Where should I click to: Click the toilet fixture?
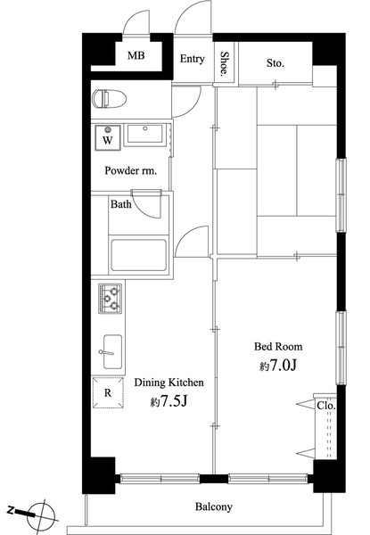tap(109, 99)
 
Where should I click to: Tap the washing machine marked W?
tap(108, 137)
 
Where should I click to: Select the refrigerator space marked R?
tap(108, 392)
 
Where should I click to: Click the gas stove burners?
tap(111, 299)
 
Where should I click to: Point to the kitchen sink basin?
tap(112, 352)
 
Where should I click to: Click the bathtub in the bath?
tap(139, 255)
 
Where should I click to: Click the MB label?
tap(136, 55)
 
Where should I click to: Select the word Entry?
tap(193, 59)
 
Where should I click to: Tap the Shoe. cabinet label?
tap(225, 63)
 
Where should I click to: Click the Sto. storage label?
tap(275, 63)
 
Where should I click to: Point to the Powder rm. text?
tap(131, 170)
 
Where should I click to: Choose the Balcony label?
tap(214, 506)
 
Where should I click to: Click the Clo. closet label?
tap(326, 406)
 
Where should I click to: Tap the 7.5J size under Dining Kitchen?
tap(169, 401)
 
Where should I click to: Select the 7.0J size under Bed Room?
tap(278, 366)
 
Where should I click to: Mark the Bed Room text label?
tap(278, 347)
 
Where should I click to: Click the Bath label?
tap(121, 204)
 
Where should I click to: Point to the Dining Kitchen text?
tap(169, 383)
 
